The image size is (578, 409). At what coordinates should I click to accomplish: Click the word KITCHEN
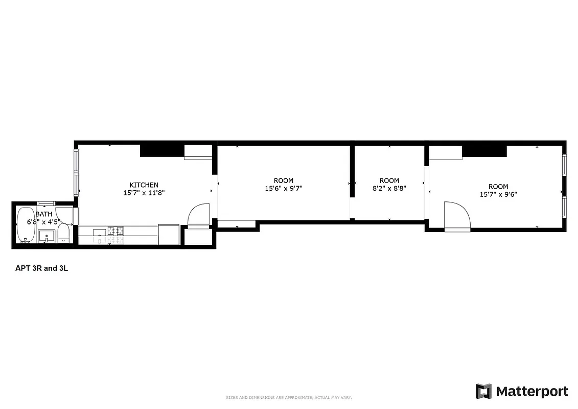tap(144, 185)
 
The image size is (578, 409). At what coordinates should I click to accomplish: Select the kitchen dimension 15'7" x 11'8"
tap(144, 193)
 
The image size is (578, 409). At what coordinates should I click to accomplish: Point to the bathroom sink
tap(47, 237)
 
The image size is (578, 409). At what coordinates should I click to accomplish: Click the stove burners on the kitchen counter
tap(115, 232)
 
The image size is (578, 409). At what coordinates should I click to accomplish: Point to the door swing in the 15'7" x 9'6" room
tap(457, 215)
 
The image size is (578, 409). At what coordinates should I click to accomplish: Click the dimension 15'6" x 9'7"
tap(283, 189)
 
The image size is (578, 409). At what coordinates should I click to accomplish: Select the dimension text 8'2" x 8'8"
tap(389, 189)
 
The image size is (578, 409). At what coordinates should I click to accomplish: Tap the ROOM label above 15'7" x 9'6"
tap(498, 187)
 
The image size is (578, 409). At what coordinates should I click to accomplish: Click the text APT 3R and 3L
tap(41, 267)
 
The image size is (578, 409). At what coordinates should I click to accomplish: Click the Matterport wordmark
tap(531, 392)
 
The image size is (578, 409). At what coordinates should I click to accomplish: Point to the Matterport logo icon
tap(483, 391)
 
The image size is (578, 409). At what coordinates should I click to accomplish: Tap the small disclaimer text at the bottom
tap(289, 397)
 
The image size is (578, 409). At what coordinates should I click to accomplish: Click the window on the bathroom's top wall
tap(45, 203)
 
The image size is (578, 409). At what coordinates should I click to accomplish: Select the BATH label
tap(43, 214)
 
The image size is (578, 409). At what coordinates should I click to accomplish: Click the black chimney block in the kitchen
tap(161, 150)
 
